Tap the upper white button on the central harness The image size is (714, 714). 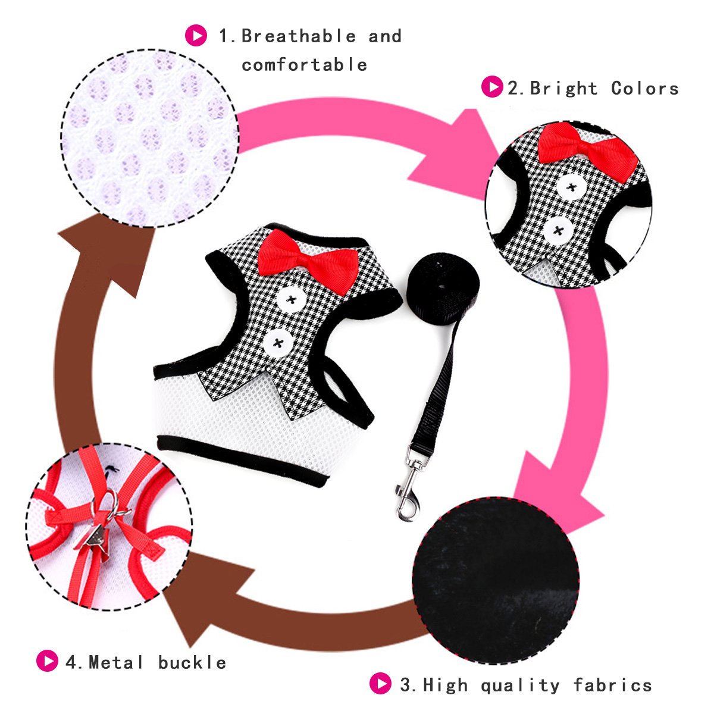291,299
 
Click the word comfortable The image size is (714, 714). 305,65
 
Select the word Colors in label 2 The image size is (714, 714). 645,89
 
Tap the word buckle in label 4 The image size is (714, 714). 192,662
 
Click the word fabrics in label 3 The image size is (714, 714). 613,685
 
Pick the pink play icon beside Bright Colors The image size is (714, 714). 491,87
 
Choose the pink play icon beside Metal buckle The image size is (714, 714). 47,661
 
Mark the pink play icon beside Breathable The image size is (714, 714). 196,35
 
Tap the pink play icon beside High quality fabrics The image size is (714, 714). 380,684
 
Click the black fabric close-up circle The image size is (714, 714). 496,580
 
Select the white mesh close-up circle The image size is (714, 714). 150,138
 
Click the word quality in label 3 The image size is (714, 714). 521,685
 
